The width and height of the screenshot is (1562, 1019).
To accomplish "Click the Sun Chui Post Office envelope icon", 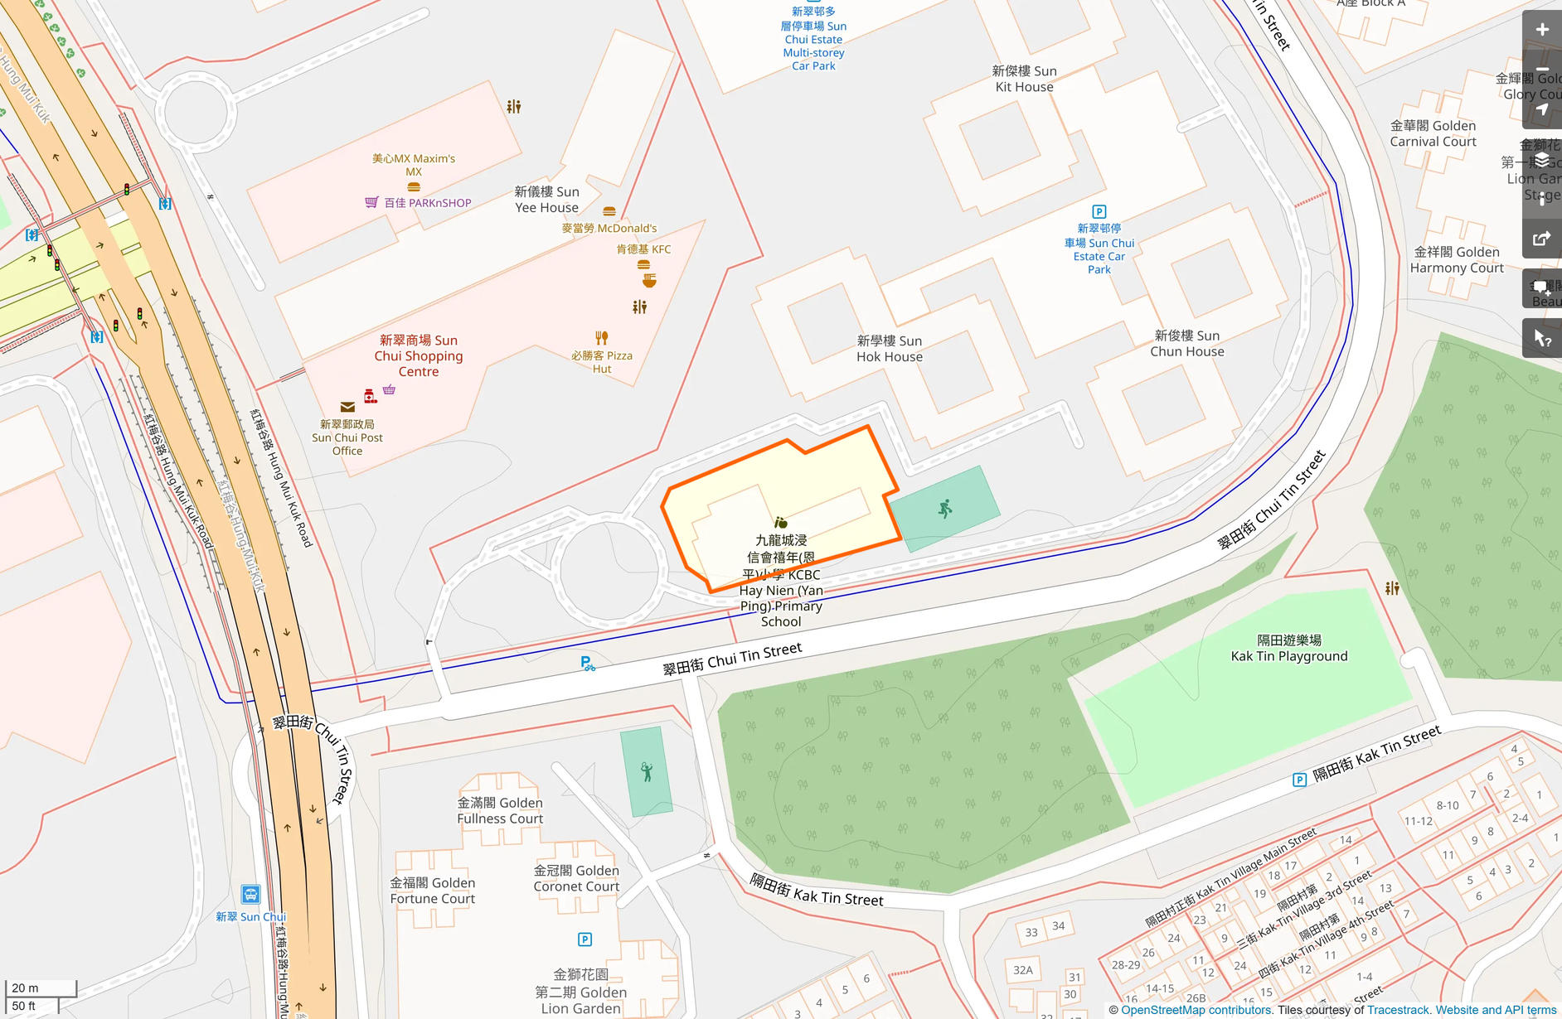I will pos(347,407).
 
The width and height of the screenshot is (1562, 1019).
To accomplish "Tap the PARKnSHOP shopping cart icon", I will pos(371,202).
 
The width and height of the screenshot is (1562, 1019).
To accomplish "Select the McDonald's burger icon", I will pos(609,212).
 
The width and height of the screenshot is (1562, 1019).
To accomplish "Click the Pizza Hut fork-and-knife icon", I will pos(602,338).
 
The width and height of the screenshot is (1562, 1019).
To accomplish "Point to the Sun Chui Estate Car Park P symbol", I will pos(1099,212).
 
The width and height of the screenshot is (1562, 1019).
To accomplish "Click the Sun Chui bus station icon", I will pos(250,895).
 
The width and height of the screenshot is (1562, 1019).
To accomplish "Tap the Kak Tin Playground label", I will pos(1289,649).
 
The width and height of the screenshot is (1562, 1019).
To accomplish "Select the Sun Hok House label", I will pos(890,349).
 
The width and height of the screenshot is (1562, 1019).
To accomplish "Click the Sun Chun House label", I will pos(1187,344).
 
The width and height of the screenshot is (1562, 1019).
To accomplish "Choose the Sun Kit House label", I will pos(1025,79).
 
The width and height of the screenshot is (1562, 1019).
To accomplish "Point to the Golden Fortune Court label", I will pos(433,891).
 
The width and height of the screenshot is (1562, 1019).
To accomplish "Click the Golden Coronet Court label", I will pos(576,878).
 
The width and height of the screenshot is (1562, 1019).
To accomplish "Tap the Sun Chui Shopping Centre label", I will pos(419,356).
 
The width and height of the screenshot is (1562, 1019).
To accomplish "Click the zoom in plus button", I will pos(1542,30).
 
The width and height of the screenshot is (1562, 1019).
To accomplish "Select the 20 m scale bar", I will pos(41,988).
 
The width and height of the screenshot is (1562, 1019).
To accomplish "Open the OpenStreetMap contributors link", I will pos(1196,1010).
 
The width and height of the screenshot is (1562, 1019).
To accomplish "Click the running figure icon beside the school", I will pos(945,509).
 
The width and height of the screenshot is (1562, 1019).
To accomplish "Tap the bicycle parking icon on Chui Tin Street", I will pos(587,664).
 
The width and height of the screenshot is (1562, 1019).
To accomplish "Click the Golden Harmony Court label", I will pos(1457,260).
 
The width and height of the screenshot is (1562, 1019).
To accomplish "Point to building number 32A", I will pos(1023,970).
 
